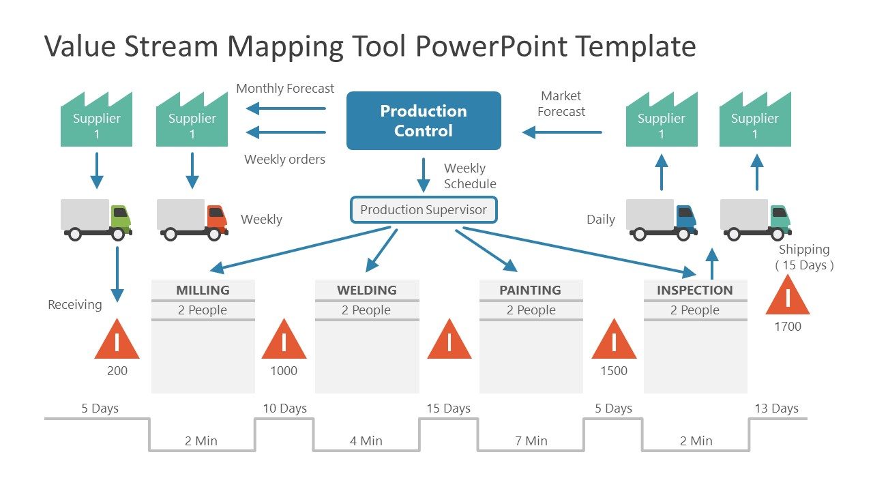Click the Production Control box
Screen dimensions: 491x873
point(424,121)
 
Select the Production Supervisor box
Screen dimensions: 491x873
point(424,210)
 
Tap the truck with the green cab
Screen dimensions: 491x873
point(97,219)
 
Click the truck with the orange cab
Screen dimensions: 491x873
point(193,219)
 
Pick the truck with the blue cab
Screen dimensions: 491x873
point(662,219)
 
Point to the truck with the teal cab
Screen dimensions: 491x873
point(756,219)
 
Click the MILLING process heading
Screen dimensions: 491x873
point(203,290)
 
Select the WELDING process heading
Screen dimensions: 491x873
point(367,290)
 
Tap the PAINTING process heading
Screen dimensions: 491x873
point(530,290)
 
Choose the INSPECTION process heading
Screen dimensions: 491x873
point(694,290)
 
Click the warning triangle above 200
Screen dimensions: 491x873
point(117,340)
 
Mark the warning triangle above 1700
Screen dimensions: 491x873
point(788,297)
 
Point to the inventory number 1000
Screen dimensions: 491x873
point(284,371)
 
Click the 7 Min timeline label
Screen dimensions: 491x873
point(531,441)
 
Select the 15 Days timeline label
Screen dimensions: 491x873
point(448,408)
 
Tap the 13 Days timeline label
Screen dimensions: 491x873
point(776,408)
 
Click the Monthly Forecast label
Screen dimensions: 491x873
point(285,88)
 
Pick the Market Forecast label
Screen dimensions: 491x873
point(561,104)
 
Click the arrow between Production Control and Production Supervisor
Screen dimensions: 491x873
point(424,175)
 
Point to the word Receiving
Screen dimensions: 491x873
point(75,305)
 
